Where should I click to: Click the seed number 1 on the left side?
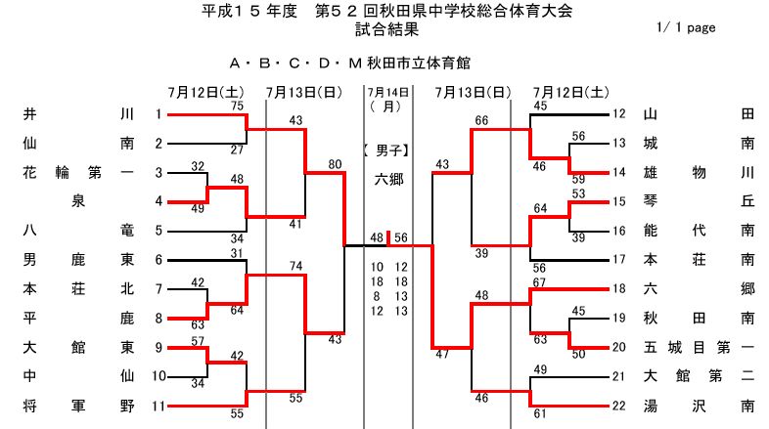click(158, 114)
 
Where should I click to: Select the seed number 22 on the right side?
click(617, 405)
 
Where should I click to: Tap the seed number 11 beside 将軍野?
click(156, 405)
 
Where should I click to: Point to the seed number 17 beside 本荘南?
click(617, 260)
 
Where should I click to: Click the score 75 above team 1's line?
click(237, 106)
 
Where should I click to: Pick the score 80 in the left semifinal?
click(336, 164)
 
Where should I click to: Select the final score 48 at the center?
click(377, 237)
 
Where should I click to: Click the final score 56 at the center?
click(401, 237)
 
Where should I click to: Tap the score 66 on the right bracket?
click(480, 120)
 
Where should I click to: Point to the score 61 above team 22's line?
click(539, 413)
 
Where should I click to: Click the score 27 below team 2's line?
click(237, 150)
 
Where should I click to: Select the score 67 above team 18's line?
click(539, 281)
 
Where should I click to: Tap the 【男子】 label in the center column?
click(387, 150)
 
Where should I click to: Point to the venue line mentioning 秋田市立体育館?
click(349, 64)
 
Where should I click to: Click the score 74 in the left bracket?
click(295, 266)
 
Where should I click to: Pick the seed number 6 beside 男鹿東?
click(158, 260)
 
